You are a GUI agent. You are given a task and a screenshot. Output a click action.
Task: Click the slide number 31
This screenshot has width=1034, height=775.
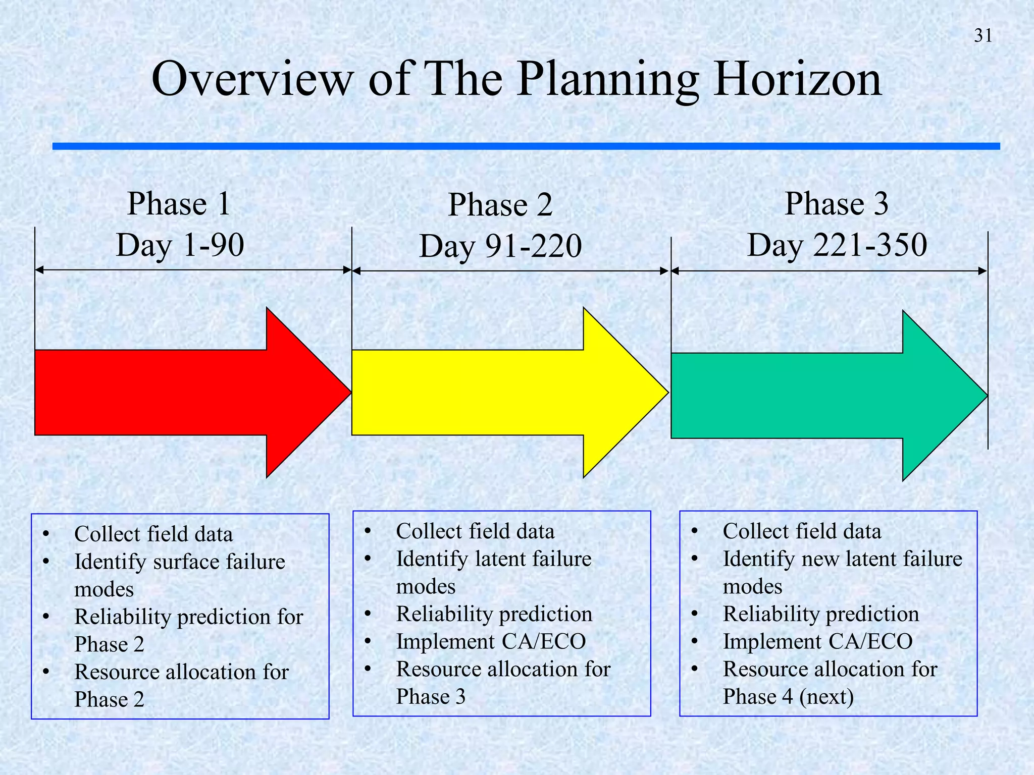click(x=983, y=36)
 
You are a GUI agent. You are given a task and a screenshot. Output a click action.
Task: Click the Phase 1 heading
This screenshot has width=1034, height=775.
click(x=179, y=204)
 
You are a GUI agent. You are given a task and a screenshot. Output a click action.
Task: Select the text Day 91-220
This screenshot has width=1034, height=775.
click(x=500, y=246)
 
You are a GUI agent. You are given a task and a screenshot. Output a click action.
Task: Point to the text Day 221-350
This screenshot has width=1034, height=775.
click(x=837, y=245)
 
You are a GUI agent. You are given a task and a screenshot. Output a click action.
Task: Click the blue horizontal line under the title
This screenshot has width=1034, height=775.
click(x=525, y=146)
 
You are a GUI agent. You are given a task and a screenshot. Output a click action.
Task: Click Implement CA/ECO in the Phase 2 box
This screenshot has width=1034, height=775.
click(x=491, y=641)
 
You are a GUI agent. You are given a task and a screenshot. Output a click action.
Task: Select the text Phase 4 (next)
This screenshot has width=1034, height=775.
click(x=788, y=697)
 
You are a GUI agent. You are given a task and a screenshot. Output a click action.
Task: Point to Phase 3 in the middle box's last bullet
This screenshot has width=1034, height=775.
click(x=430, y=697)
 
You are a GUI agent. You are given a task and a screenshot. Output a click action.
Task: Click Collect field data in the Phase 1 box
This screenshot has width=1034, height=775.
click(x=153, y=534)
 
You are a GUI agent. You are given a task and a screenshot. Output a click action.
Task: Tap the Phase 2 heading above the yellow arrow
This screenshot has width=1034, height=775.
click(x=500, y=205)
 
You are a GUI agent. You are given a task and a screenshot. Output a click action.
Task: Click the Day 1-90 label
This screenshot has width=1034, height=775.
click(x=180, y=245)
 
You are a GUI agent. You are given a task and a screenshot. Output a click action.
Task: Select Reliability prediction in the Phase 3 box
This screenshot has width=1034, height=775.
click(x=820, y=614)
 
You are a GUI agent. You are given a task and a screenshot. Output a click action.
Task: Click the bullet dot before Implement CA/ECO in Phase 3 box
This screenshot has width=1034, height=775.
click(x=694, y=642)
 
